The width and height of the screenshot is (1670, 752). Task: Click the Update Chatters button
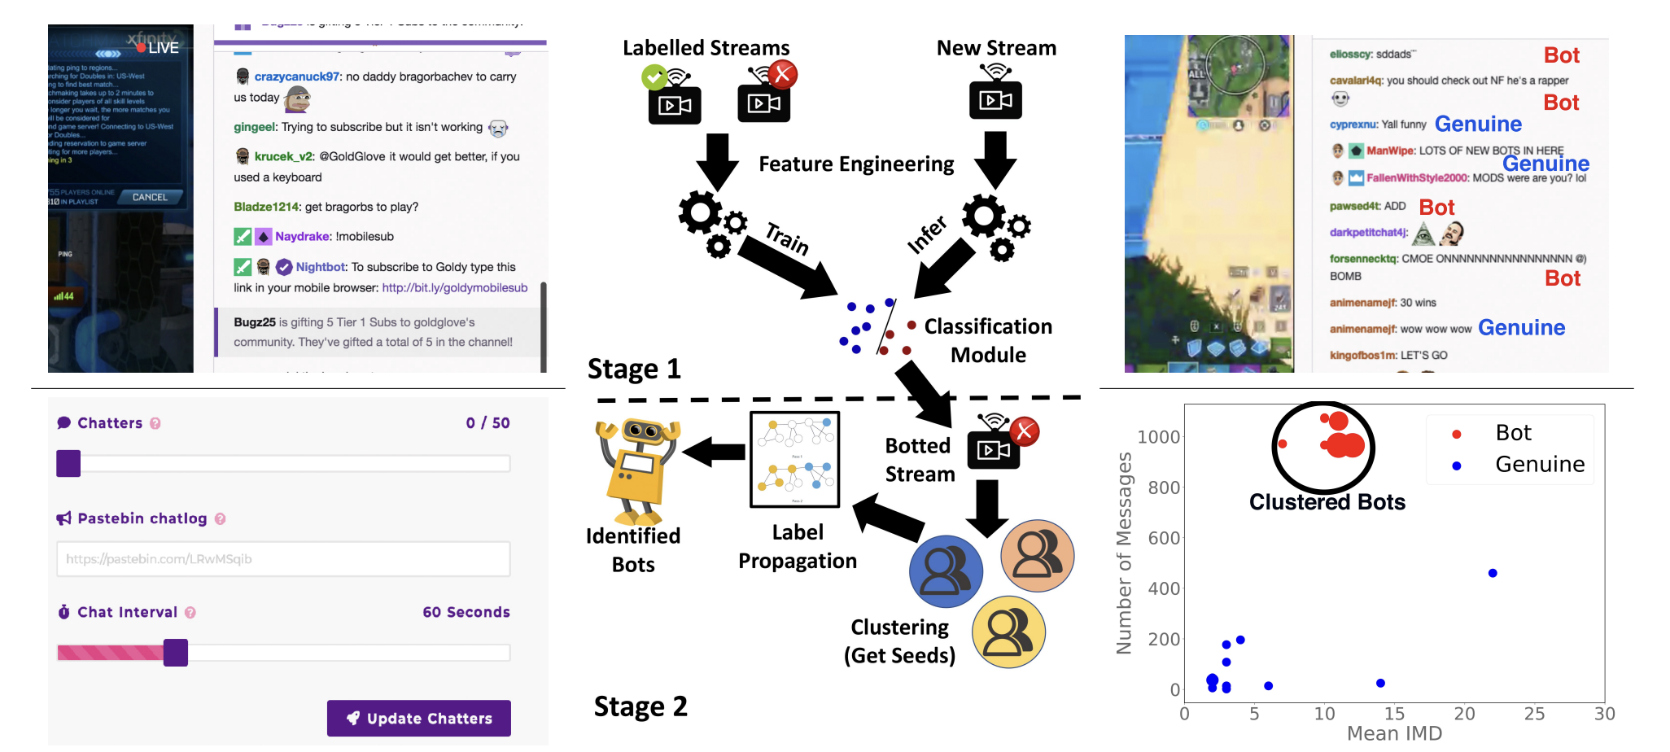[419, 718]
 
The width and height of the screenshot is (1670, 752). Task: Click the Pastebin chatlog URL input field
[283, 559]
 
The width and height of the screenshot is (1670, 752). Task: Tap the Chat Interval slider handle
[176, 653]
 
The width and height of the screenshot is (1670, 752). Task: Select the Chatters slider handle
[68, 464]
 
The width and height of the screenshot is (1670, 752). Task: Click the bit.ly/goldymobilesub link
[455, 288]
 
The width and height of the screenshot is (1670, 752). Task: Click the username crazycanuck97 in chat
[296, 77]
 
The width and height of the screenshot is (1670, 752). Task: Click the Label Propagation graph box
[794, 459]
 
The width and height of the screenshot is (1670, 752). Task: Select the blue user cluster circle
[946, 571]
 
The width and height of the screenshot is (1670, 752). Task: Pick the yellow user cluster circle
[1009, 632]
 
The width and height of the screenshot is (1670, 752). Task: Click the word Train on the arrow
[787, 238]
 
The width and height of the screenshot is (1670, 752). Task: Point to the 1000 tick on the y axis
[1158, 437]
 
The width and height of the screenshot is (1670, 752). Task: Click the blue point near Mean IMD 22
[1493, 573]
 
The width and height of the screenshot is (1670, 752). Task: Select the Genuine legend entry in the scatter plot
[1539, 465]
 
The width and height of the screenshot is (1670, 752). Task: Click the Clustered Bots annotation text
[1327, 502]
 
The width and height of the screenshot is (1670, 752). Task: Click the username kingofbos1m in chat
[1363, 356]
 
